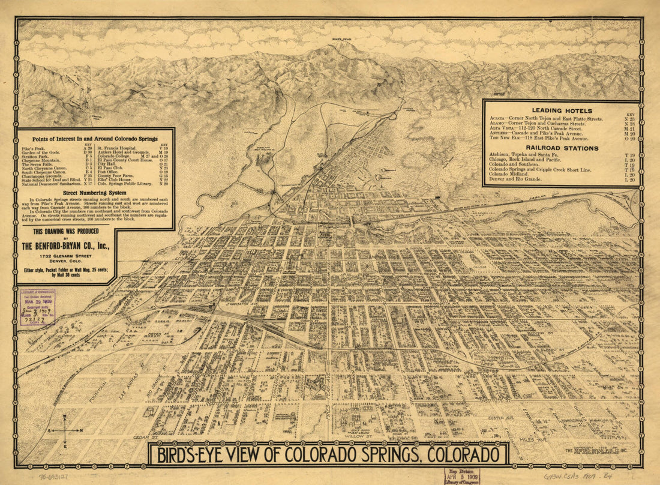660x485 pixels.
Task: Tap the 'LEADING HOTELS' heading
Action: [562, 110]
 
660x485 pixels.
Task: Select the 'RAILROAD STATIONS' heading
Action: [562, 148]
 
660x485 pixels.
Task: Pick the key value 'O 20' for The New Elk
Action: [629, 137]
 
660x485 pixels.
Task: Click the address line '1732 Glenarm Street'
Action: [66, 256]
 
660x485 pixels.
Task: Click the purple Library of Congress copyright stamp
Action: [38, 310]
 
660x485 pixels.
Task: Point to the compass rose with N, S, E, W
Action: [64, 430]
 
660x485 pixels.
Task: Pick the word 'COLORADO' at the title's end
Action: [462, 454]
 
